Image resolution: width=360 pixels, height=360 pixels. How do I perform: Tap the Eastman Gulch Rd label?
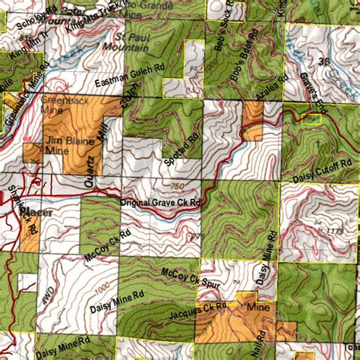[x=131, y=74]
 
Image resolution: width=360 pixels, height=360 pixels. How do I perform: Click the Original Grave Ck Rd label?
[x=160, y=204]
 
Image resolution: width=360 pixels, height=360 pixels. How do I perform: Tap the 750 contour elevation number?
[x=178, y=187]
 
